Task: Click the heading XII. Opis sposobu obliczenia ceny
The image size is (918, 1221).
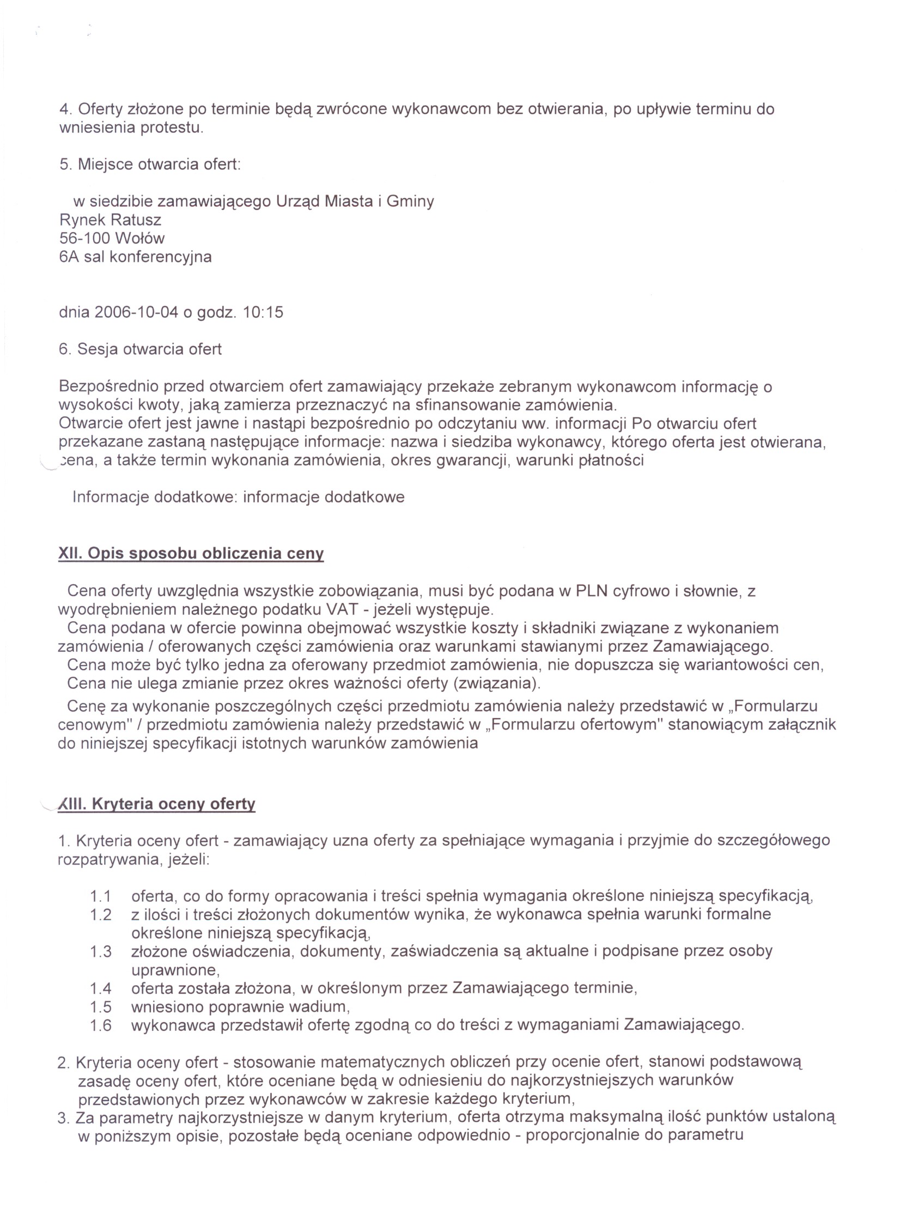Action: point(191,554)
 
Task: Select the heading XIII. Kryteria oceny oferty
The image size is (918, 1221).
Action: point(157,804)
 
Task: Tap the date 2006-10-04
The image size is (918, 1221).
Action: point(136,312)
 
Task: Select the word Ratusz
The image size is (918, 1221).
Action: point(136,220)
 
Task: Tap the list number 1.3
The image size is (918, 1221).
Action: point(101,951)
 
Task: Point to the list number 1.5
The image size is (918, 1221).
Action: point(101,1007)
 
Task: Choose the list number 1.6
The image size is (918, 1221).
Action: point(101,1025)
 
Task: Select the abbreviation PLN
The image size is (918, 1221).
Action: point(591,591)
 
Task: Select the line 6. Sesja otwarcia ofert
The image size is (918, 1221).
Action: point(140,349)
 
